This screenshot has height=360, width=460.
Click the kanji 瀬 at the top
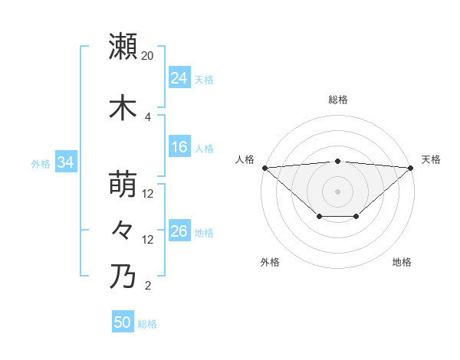[123, 46]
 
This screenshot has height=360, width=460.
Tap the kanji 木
[123, 107]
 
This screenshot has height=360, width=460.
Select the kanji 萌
[123, 184]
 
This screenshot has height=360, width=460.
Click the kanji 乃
[123, 276]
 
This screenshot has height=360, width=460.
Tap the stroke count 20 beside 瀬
[148, 56]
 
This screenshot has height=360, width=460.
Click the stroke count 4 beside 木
[148, 117]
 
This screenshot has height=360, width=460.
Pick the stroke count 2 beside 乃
[148, 286]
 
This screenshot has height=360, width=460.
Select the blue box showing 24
[179, 78]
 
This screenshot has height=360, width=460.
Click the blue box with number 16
[179, 147]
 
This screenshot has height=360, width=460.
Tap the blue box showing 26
[179, 231]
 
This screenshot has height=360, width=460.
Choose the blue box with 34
[65, 162]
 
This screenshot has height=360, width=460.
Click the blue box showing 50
[123, 322]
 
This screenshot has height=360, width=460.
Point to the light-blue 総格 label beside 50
[147, 324]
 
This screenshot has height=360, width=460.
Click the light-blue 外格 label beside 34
[41, 163]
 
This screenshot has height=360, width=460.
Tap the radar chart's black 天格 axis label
[431, 159]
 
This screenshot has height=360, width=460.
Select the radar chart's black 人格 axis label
[245, 159]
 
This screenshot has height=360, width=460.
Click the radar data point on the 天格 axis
[412, 168]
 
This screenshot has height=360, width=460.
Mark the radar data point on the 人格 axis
[264, 168]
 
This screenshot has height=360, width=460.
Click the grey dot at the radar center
[338, 191]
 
